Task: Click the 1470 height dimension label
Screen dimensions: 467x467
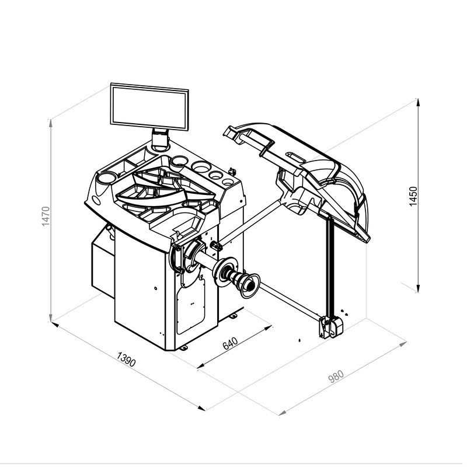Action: coord(46,216)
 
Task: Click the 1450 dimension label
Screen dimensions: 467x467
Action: coord(413,196)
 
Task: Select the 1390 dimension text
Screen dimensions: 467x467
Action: coord(126,359)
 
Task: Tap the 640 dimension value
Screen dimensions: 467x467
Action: coord(230,343)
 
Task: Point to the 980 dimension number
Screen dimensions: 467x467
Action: coord(336,376)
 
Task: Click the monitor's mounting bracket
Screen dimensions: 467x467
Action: coord(160,138)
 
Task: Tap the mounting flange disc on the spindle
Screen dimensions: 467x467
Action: coord(225,271)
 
